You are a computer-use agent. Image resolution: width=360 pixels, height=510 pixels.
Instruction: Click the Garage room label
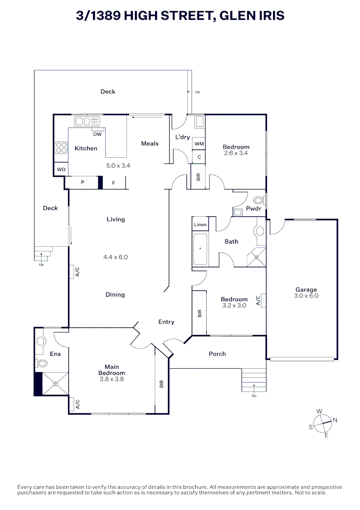[306, 289]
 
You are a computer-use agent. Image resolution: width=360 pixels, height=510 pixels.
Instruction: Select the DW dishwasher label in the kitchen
[97, 134]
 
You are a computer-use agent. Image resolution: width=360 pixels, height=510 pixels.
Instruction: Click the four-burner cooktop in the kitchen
[61, 148]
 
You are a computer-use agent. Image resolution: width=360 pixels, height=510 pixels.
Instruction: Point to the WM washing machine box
[199, 144]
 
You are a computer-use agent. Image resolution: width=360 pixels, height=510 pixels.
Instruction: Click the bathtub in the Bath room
[201, 249]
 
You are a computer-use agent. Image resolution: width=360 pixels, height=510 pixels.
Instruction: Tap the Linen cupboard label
[200, 224]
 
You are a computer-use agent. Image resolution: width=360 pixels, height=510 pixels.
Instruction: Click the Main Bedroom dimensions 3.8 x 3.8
[112, 379]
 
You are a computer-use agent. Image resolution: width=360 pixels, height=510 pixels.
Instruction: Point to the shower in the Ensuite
[55, 383]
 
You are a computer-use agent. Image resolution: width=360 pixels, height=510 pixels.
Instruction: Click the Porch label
[217, 354]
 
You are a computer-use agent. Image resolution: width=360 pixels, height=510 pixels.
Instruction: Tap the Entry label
[166, 322]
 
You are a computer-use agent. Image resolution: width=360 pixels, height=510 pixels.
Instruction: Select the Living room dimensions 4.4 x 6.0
[116, 257]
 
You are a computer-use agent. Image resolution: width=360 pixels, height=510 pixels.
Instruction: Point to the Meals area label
[150, 144]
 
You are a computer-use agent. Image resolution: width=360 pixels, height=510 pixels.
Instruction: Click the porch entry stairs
[254, 380]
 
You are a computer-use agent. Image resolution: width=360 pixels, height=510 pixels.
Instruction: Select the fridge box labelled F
[114, 182]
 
